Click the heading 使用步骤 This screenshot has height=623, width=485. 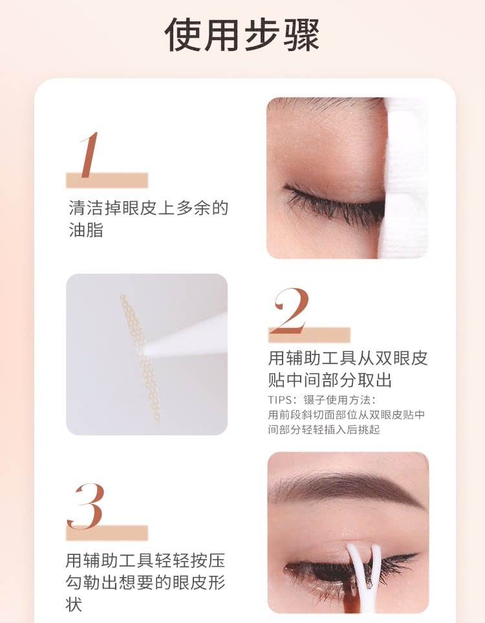coord(242,35)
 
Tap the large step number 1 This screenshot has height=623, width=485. coord(89,155)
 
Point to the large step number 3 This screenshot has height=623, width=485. coord(85,507)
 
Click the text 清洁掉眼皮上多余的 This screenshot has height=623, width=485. coord(148,208)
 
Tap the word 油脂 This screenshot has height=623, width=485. coord(86,230)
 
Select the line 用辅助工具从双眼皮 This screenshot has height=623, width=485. coord(348,358)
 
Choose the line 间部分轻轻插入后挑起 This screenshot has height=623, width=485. coord(332,430)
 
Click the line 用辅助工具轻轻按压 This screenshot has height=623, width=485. coord(145,560)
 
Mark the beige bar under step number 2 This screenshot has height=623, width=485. coord(309,335)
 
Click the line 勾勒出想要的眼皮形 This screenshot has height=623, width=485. coord(145,582)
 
